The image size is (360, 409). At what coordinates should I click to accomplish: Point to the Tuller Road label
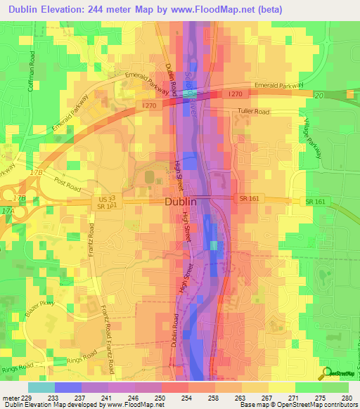click(254, 111)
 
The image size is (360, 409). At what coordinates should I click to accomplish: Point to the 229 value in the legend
click(25, 397)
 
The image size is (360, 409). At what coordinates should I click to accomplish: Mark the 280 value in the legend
click(346, 397)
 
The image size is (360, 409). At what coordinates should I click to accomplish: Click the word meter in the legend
click(10, 397)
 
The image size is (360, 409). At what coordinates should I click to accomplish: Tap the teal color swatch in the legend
click(40, 387)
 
